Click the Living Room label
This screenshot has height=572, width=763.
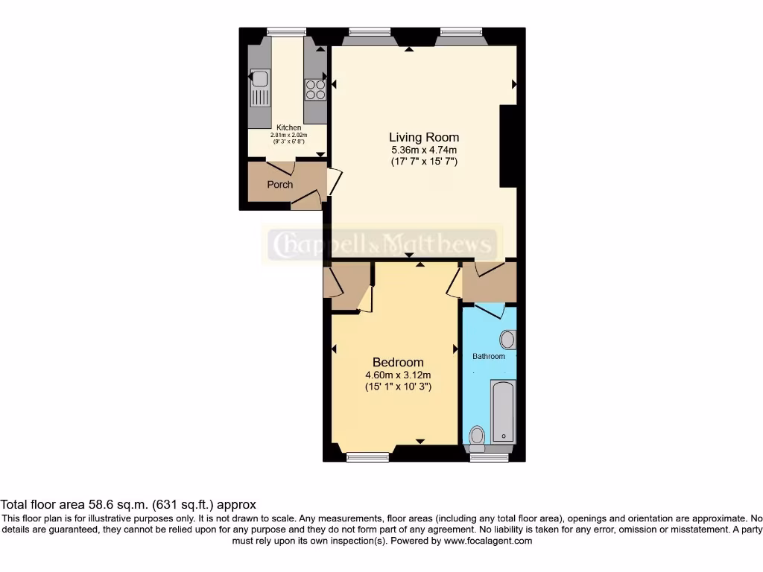click(424, 137)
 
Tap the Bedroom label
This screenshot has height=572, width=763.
click(398, 363)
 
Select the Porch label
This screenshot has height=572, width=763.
click(280, 185)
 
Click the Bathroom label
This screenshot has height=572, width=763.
click(489, 356)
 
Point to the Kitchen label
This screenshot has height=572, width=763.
click(289, 128)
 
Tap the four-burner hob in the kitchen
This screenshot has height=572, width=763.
click(315, 90)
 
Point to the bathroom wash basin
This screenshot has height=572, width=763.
click(507, 340)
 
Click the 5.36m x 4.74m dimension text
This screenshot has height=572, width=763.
click(424, 150)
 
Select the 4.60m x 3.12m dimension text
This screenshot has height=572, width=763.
click(398, 375)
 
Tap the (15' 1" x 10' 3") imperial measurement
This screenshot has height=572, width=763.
click(398, 387)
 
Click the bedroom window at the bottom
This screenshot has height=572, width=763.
click(368, 456)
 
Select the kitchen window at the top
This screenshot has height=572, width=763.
click(287, 31)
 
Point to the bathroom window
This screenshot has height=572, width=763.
click(489, 456)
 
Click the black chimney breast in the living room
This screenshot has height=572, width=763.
click(508, 146)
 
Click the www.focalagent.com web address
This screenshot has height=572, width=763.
click(487, 541)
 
